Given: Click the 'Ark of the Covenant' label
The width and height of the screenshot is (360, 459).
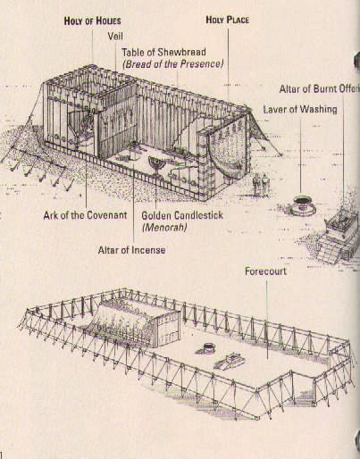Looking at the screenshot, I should click(85, 216).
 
